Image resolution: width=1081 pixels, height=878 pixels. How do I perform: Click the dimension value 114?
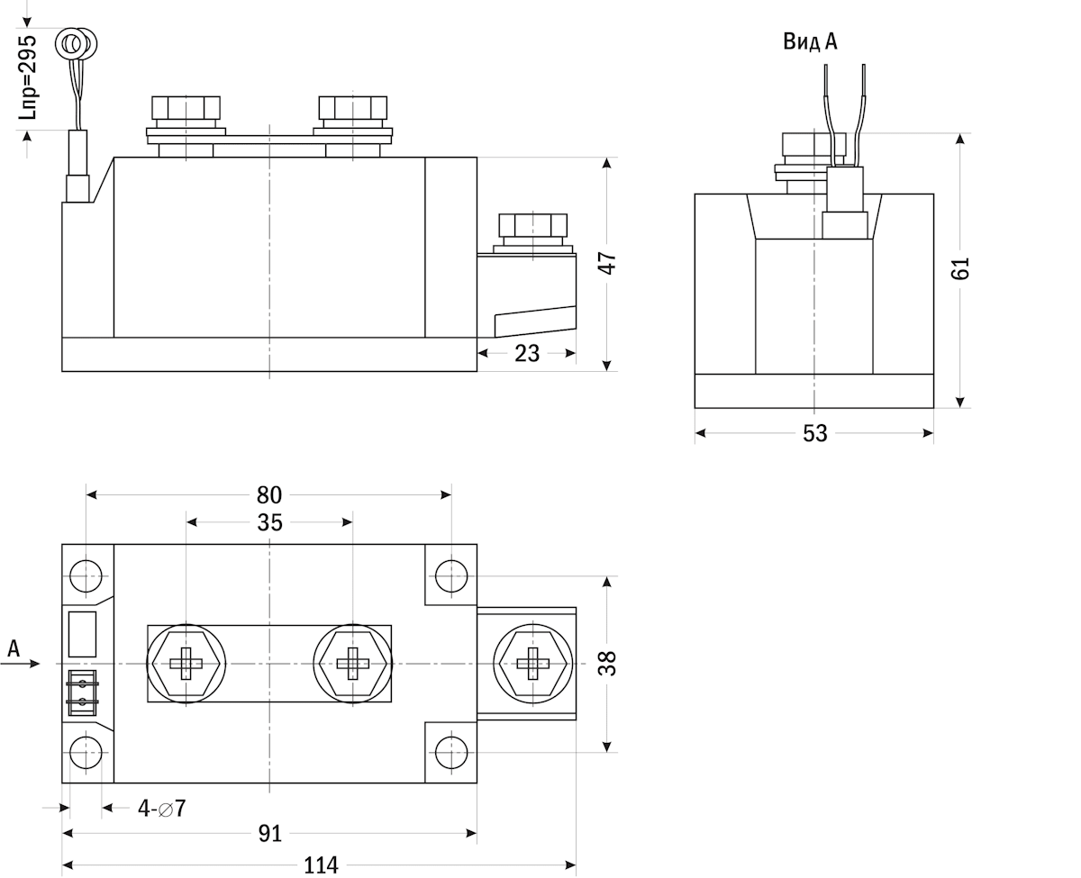click(x=321, y=865)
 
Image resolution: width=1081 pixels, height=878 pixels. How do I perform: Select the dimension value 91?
click(x=269, y=833)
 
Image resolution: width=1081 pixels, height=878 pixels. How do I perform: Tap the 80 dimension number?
click(x=269, y=494)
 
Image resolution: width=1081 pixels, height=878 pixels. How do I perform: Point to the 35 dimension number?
click(x=269, y=522)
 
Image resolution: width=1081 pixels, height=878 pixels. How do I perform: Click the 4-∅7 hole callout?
click(x=161, y=808)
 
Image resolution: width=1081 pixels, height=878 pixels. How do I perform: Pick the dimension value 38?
click(x=609, y=664)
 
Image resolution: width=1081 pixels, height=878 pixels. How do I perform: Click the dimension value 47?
click(x=609, y=263)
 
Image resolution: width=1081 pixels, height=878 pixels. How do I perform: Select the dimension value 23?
click(x=527, y=354)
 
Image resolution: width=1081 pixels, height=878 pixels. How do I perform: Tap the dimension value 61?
click(x=961, y=268)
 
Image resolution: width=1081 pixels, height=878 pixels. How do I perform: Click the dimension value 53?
click(x=814, y=433)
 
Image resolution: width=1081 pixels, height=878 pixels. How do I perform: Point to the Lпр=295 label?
click(x=28, y=77)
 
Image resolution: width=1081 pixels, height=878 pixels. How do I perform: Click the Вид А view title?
click(x=810, y=41)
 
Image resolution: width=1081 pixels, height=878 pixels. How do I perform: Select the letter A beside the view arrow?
click(x=14, y=647)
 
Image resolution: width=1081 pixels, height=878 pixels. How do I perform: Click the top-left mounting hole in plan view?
click(x=86, y=575)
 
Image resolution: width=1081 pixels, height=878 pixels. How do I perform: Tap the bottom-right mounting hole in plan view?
click(x=450, y=751)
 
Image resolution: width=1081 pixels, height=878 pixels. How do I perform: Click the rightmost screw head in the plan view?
click(x=534, y=664)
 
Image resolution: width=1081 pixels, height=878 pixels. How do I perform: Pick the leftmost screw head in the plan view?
click(x=186, y=664)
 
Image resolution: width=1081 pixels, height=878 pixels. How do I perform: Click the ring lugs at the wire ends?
click(x=77, y=43)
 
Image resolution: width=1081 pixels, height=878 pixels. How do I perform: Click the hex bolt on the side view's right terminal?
click(x=532, y=229)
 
